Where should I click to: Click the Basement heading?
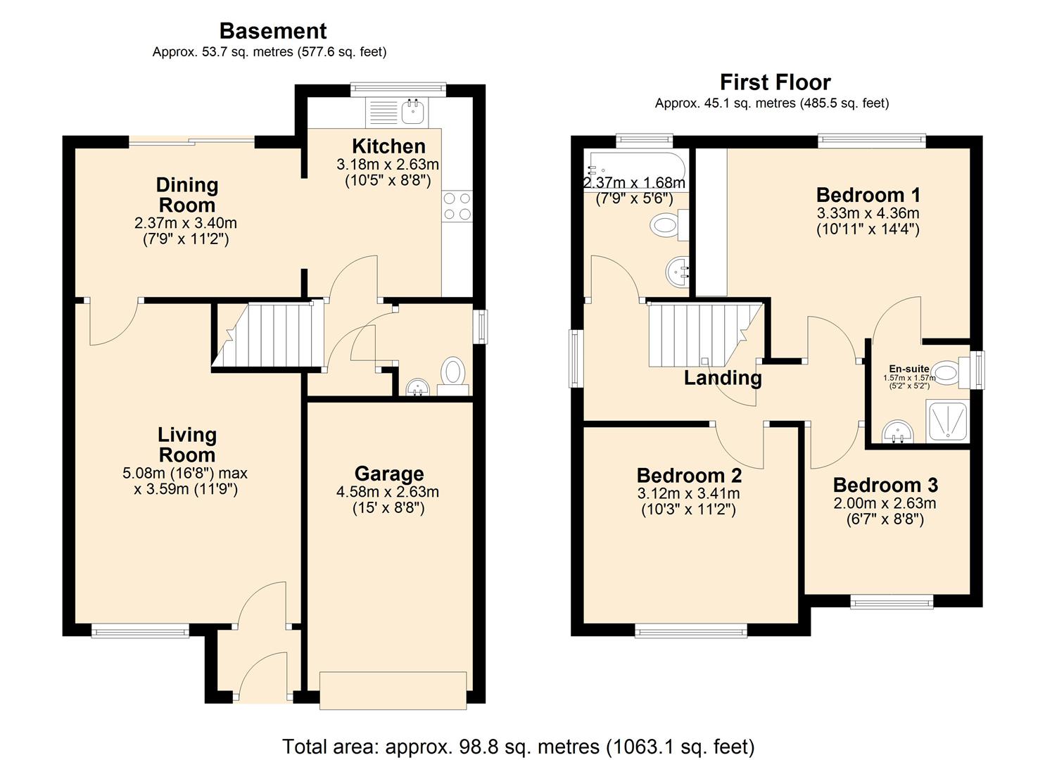coord(273,31)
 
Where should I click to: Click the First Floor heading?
coord(775,82)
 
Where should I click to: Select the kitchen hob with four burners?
coord(457,206)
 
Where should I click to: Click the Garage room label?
coord(388,474)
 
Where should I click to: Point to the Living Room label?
coord(186,445)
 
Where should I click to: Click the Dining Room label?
coord(186,195)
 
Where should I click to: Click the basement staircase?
coord(268,335)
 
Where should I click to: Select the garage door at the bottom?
coord(393,690)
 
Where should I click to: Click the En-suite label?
coord(908,369)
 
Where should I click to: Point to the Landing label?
coord(723,378)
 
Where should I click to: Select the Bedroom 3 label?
coord(885,485)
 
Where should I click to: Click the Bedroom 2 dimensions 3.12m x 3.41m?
coord(688,494)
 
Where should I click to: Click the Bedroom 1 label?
coord(868,194)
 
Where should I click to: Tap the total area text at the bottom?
coord(518,746)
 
